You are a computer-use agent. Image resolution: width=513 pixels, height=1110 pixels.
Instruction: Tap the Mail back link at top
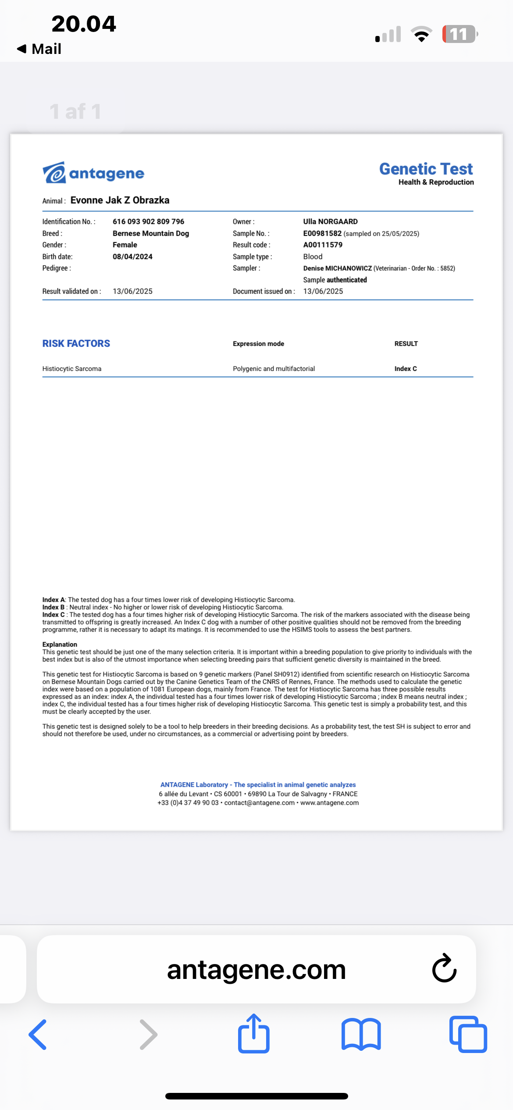click(x=39, y=49)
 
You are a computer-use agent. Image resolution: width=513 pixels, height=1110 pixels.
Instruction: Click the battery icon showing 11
click(x=460, y=34)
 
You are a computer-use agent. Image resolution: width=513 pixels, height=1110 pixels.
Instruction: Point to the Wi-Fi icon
click(x=421, y=34)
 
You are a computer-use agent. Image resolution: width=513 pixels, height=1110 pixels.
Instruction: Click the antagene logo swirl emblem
click(x=54, y=173)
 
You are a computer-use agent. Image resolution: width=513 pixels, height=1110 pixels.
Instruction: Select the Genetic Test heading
click(x=426, y=169)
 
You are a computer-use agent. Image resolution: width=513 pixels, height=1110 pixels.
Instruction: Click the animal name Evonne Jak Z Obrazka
click(x=120, y=200)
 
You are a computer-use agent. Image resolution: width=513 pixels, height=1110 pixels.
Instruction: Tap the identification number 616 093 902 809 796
click(x=148, y=221)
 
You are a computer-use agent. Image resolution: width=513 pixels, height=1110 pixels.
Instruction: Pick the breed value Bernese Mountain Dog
click(x=151, y=233)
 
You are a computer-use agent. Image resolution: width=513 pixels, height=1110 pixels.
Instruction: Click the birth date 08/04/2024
click(x=132, y=256)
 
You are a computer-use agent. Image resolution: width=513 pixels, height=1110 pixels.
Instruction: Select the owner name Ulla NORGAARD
click(x=330, y=221)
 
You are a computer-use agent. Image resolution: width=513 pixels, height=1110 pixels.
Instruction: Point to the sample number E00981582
click(x=322, y=233)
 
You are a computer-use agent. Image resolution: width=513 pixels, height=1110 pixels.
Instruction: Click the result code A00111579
click(x=323, y=245)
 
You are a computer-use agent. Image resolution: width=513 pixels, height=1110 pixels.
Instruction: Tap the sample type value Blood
click(x=313, y=256)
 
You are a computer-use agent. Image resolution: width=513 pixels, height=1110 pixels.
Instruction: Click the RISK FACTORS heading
click(x=76, y=343)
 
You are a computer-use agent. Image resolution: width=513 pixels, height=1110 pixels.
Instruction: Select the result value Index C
click(x=406, y=369)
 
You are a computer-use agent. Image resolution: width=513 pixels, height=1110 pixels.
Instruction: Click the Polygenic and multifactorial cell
click(x=274, y=369)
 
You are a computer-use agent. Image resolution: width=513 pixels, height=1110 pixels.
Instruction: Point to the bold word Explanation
click(x=60, y=644)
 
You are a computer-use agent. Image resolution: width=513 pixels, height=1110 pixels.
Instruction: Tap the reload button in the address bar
click(x=444, y=969)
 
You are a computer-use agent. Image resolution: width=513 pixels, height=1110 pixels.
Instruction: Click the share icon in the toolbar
click(x=254, y=1034)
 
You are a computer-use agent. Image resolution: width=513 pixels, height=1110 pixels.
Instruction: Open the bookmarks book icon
click(x=361, y=1035)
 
